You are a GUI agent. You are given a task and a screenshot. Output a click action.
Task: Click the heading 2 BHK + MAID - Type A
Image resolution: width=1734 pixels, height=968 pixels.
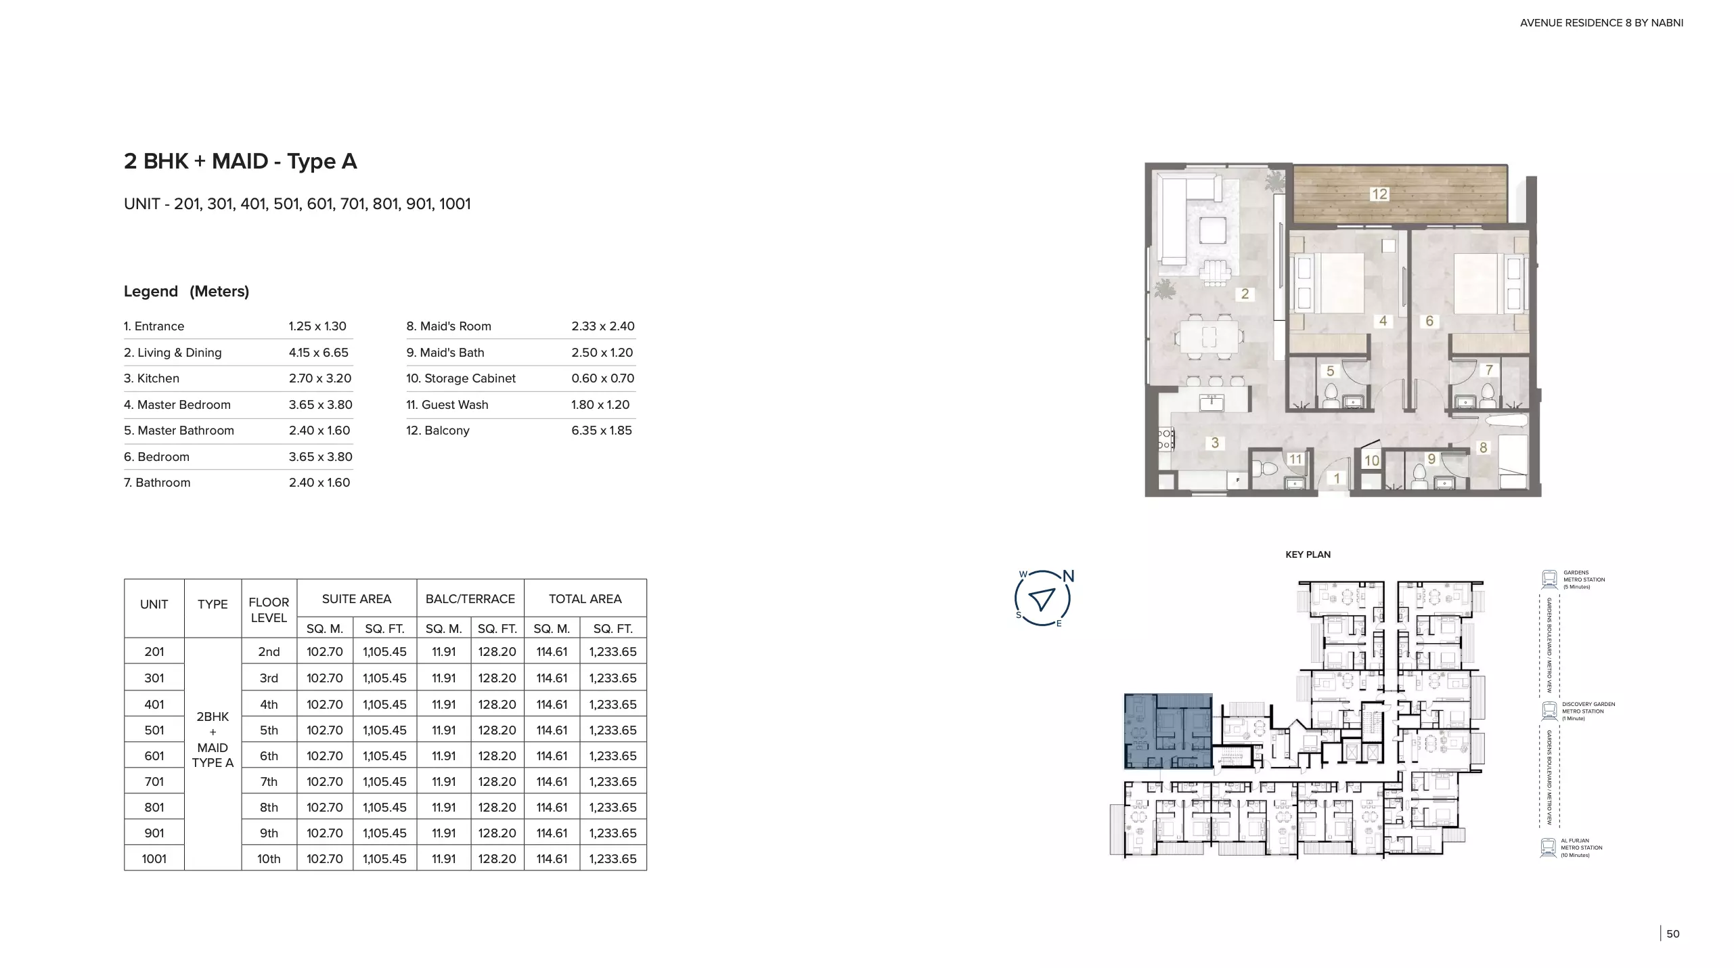(240, 161)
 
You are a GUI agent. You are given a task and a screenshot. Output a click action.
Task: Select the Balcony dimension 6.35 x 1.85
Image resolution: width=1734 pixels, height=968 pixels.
(602, 431)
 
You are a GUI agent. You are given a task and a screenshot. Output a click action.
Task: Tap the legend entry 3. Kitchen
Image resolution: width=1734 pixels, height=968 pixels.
(152, 378)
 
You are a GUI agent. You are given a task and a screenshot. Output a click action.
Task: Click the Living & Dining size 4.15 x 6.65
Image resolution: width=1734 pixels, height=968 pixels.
(319, 353)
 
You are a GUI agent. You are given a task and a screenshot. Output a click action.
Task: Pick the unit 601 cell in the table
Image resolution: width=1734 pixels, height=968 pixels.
(154, 755)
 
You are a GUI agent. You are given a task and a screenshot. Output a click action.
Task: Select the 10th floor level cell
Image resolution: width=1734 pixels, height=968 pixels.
(269, 858)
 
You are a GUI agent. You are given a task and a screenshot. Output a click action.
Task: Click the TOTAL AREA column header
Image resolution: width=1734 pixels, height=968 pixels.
(585, 598)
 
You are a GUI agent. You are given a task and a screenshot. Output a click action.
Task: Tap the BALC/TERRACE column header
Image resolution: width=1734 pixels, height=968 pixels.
(470, 598)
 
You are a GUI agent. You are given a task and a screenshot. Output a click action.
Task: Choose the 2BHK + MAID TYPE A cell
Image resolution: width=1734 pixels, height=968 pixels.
(213, 739)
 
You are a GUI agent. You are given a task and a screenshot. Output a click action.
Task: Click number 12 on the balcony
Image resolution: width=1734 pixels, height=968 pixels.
(1379, 194)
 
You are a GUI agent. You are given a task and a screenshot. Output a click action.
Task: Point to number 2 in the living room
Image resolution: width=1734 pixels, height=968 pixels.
(1245, 294)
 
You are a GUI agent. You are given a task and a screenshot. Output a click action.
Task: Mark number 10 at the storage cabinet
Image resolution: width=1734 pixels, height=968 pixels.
(1372, 461)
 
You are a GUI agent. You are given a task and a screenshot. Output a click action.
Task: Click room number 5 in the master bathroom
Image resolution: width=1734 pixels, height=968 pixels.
(1331, 371)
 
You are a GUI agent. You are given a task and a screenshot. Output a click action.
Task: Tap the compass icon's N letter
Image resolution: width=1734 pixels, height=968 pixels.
(1069, 576)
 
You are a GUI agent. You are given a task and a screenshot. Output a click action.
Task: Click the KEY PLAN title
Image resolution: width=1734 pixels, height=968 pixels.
(1308, 554)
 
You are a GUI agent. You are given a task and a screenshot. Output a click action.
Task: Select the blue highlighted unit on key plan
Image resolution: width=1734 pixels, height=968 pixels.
(1168, 731)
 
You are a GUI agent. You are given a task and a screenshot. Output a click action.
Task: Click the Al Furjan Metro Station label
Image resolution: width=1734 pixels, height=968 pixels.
(1582, 848)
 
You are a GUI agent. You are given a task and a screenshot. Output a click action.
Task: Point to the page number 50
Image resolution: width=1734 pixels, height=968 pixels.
(1673, 933)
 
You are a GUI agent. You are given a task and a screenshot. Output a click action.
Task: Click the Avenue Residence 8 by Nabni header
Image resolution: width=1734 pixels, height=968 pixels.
(1601, 23)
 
